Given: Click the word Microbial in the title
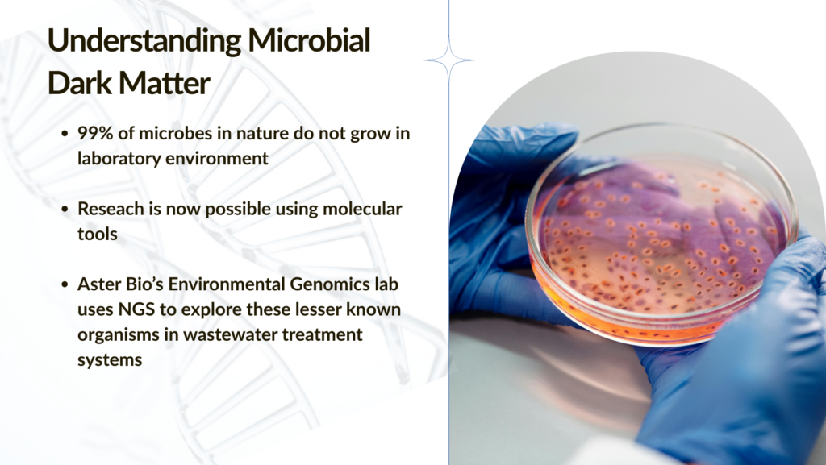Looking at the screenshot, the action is pyautogui.click(x=309, y=40).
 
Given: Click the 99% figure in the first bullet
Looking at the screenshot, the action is pyautogui.click(x=95, y=133).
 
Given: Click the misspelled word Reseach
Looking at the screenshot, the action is pyautogui.click(x=111, y=209).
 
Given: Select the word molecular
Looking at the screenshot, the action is pyautogui.click(x=362, y=209).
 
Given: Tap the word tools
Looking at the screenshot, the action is pyautogui.click(x=98, y=234).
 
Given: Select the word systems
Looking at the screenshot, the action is pyautogui.click(x=110, y=360).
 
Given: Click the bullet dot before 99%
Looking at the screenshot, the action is pyautogui.click(x=65, y=134).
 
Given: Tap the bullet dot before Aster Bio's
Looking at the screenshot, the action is pyautogui.click(x=65, y=284).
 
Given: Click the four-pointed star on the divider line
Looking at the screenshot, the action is pyautogui.click(x=448, y=60).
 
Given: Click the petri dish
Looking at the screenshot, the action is pyautogui.click(x=661, y=234).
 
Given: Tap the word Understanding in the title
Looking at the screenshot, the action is pyautogui.click(x=144, y=41).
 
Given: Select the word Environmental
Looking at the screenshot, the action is pyautogui.click(x=227, y=284).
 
